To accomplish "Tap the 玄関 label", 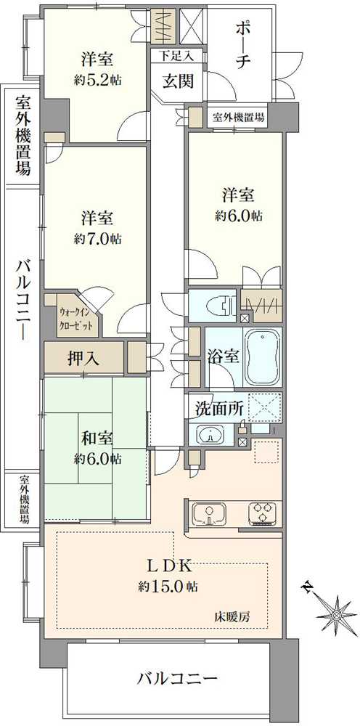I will point(177,81).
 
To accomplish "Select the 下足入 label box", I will point(177,55).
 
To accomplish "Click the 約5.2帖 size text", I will point(96,78).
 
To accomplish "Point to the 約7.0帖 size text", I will point(96,238).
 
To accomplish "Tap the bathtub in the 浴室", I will point(263,357).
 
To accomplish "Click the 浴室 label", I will point(224,357).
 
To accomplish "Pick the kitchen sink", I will point(210,514).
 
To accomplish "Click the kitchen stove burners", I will point(262,514).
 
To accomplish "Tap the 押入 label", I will point(85,356).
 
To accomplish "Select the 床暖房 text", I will point(232,617).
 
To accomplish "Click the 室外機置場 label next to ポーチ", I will point(238,116).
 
